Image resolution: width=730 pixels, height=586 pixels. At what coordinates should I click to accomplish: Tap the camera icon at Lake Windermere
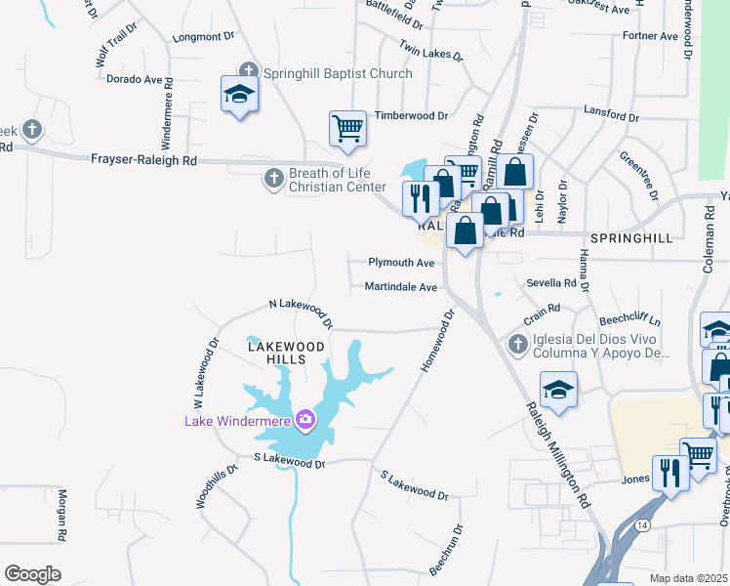point(306,420)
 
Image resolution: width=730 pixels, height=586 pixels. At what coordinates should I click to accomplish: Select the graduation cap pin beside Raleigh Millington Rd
point(557,389)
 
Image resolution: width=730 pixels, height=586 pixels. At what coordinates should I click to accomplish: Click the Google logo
point(32,574)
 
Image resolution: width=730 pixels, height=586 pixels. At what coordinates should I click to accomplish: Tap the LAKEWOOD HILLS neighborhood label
point(284,353)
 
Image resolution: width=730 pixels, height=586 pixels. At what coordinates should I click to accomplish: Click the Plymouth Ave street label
point(400,263)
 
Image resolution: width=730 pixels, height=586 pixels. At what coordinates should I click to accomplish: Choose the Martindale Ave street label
point(400,287)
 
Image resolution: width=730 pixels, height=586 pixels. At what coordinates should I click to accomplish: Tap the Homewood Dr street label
point(438,341)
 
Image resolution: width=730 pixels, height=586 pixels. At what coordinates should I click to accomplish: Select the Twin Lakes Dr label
point(429,49)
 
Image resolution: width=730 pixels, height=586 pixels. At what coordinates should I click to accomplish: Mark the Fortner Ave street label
point(649,37)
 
